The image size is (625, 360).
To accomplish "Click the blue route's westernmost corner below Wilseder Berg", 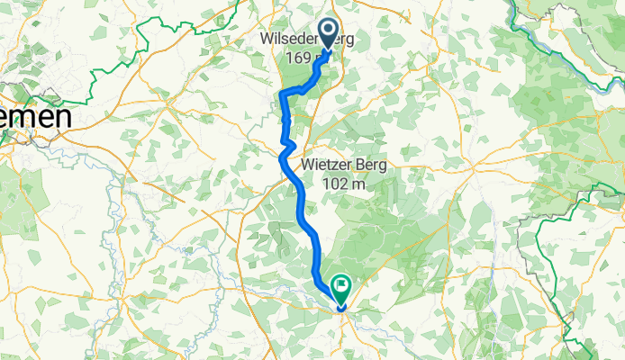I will [x=283, y=94].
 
